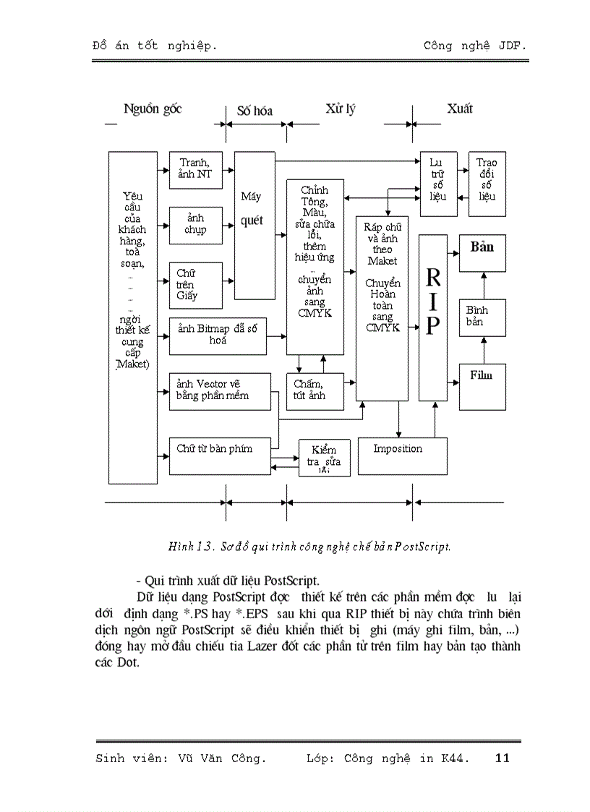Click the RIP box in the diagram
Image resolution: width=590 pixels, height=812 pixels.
432,317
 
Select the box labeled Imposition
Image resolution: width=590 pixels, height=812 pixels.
402,456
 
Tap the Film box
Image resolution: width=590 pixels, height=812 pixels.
482,386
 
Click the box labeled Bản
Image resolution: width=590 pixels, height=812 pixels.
482,252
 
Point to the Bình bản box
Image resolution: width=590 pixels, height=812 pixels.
482,317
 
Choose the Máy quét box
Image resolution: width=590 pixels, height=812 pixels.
255,225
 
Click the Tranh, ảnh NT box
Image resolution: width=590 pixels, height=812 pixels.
195,170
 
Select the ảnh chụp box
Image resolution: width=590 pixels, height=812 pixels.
195,225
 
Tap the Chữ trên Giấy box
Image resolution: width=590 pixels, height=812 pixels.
195,283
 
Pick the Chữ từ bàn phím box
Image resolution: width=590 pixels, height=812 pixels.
220,456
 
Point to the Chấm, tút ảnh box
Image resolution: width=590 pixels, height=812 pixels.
315,391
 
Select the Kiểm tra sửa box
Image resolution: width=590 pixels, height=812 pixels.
324,458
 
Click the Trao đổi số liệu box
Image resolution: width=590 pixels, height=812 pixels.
487,184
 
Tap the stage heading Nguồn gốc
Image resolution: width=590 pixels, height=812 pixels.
153,109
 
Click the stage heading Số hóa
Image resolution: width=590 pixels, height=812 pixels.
255,111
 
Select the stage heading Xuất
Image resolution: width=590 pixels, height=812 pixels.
459,108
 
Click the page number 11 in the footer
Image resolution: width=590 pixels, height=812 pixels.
503,758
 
